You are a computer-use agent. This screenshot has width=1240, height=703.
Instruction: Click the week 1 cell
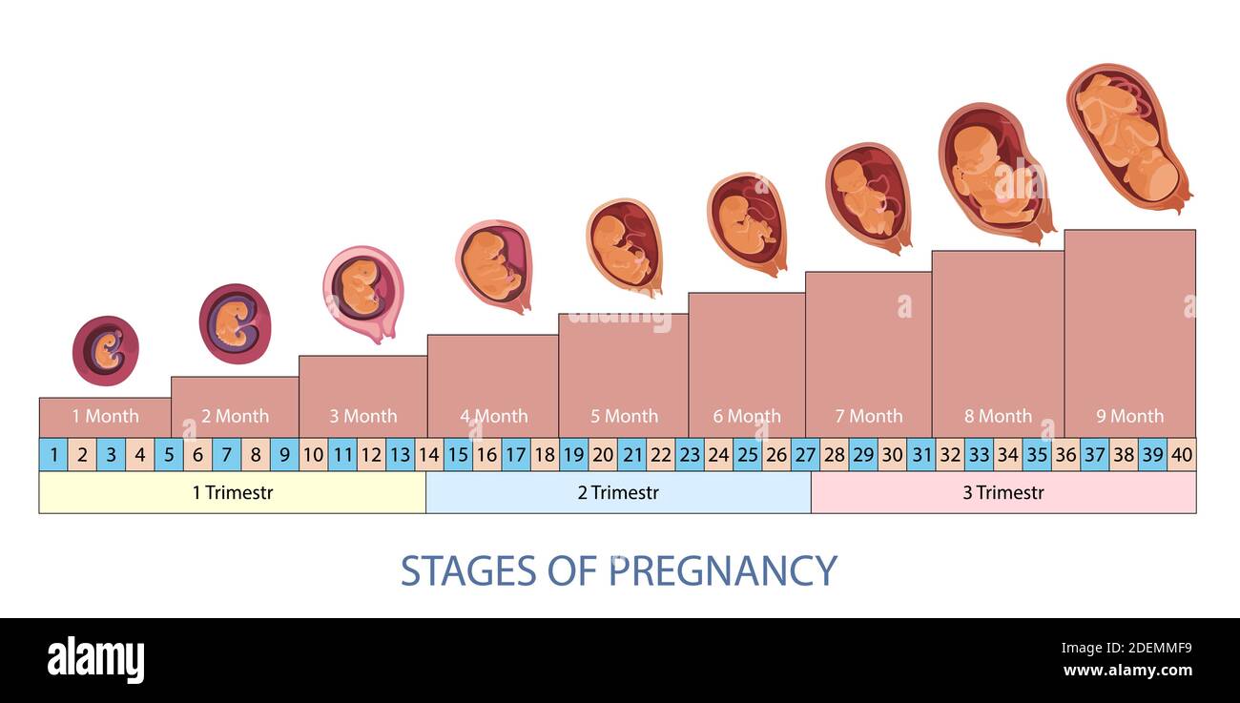[x=53, y=455]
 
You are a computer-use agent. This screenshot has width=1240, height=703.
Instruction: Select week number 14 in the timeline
[x=429, y=455]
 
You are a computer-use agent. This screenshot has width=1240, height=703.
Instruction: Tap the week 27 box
[x=805, y=455]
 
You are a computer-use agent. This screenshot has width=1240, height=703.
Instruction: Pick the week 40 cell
[x=1181, y=455]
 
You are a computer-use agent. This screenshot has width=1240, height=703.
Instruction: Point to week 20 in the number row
[x=603, y=455]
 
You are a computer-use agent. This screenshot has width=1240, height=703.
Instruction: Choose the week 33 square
[x=979, y=455]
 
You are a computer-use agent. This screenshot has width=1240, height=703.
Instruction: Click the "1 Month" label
[x=105, y=416]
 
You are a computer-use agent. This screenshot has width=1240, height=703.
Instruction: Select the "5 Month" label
[x=624, y=416]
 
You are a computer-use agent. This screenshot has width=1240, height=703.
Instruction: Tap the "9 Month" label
[x=1129, y=416]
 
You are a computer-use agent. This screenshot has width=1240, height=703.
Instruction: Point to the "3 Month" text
[x=363, y=416]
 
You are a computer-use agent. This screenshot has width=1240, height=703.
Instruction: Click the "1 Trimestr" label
[x=232, y=493]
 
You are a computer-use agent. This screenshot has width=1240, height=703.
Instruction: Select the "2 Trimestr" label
[x=618, y=493]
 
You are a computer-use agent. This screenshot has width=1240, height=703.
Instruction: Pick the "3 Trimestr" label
[x=1003, y=493]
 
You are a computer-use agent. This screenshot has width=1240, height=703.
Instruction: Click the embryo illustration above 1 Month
[x=106, y=350]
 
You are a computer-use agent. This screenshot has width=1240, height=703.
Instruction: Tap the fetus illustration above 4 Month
[x=493, y=265]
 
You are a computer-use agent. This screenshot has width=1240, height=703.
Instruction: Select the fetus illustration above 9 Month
[x=1127, y=135]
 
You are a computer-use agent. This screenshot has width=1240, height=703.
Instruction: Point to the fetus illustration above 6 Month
[x=747, y=223]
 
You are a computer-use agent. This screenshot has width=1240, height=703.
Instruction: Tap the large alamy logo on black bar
[x=96, y=660]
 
